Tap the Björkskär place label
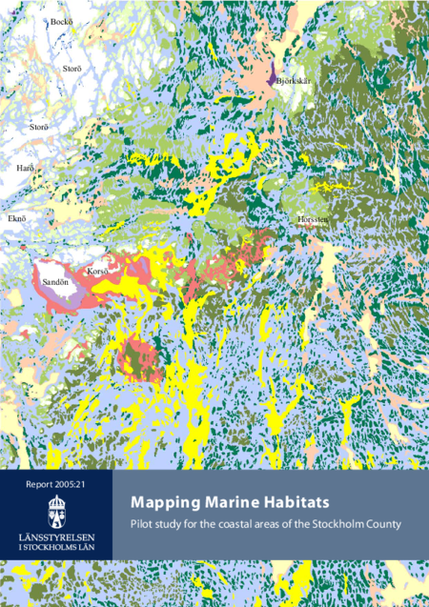(x=293, y=81)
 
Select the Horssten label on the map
(x=313, y=219)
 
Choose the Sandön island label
(x=54, y=283)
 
